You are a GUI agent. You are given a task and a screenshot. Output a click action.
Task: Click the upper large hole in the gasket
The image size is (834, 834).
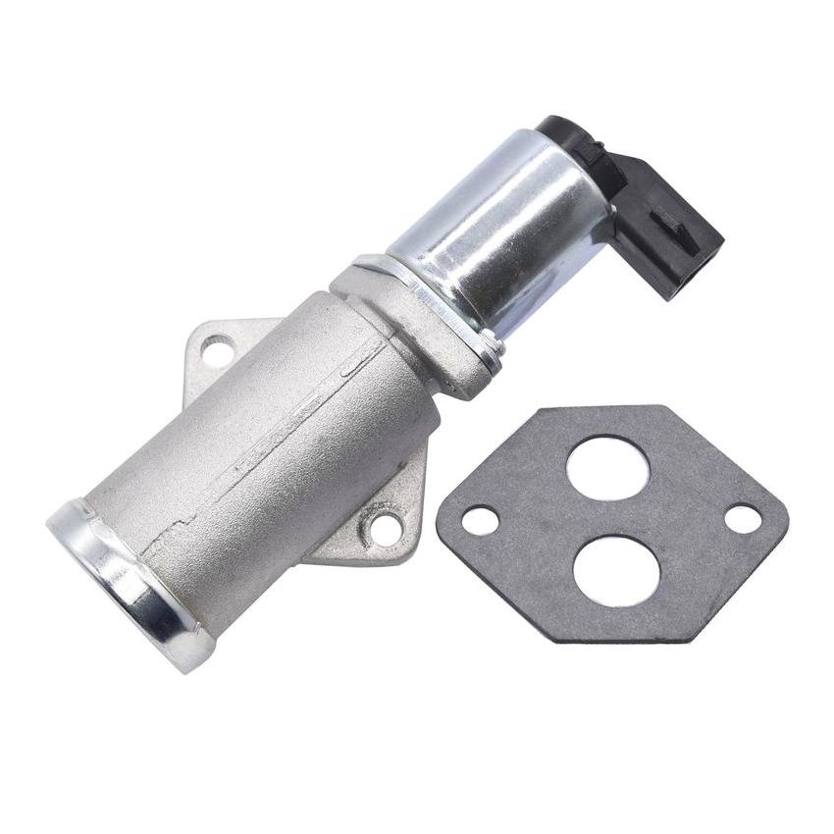tap(607, 467)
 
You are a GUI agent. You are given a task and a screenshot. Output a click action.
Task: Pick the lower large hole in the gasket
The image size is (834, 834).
tap(616, 569)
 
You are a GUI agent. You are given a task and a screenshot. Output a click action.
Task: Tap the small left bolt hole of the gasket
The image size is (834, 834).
tap(480, 520)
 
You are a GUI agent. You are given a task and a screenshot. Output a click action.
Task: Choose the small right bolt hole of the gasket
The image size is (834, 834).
tap(743, 519)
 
